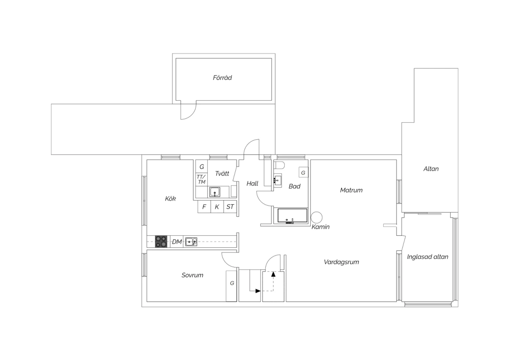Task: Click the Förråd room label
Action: tap(222, 78)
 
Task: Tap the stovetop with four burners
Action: tap(161, 241)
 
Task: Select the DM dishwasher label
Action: tap(177, 241)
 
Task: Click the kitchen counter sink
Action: tap(191, 241)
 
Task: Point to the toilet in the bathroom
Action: tap(279, 165)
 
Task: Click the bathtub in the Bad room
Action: tap(292, 216)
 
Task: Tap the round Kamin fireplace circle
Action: tap(317, 217)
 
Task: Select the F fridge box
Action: tap(204, 206)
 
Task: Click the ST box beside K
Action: tap(230, 206)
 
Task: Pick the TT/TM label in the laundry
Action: tap(201, 179)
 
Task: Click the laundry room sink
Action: tap(215, 192)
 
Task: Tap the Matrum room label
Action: tap(351, 190)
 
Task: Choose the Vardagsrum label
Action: tap(341, 262)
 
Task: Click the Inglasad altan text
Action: tap(428, 257)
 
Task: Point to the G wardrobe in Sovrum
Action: tap(231, 286)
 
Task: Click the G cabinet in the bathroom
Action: tap(303, 173)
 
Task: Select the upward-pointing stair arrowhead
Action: tap(274, 274)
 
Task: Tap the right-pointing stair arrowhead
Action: tap(258, 291)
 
